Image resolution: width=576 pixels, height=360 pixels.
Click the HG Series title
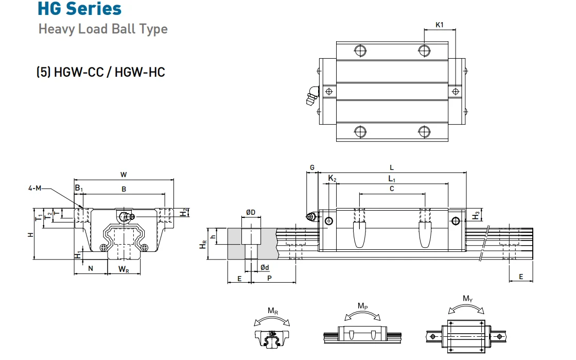(80, 9)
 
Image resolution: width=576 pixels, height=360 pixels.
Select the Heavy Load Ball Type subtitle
(103, 28)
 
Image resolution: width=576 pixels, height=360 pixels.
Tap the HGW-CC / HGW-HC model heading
(100, 72)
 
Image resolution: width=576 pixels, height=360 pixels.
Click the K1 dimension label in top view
(439, 24)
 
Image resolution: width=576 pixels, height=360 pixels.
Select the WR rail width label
(124, 269)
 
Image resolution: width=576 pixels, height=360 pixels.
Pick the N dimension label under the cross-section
(91, 268)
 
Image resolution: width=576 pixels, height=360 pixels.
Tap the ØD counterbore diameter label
(251, 212)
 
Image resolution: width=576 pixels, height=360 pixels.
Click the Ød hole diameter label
(265, 267)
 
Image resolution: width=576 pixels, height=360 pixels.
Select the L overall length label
(392, 168)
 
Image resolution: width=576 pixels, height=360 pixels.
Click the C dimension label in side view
(392, 189)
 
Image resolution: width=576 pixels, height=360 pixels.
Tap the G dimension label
(312, 168)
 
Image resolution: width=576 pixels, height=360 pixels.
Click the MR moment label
(273, 311)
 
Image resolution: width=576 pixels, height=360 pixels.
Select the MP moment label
(362, 306)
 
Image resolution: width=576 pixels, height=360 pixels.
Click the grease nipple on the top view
(312, 96)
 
